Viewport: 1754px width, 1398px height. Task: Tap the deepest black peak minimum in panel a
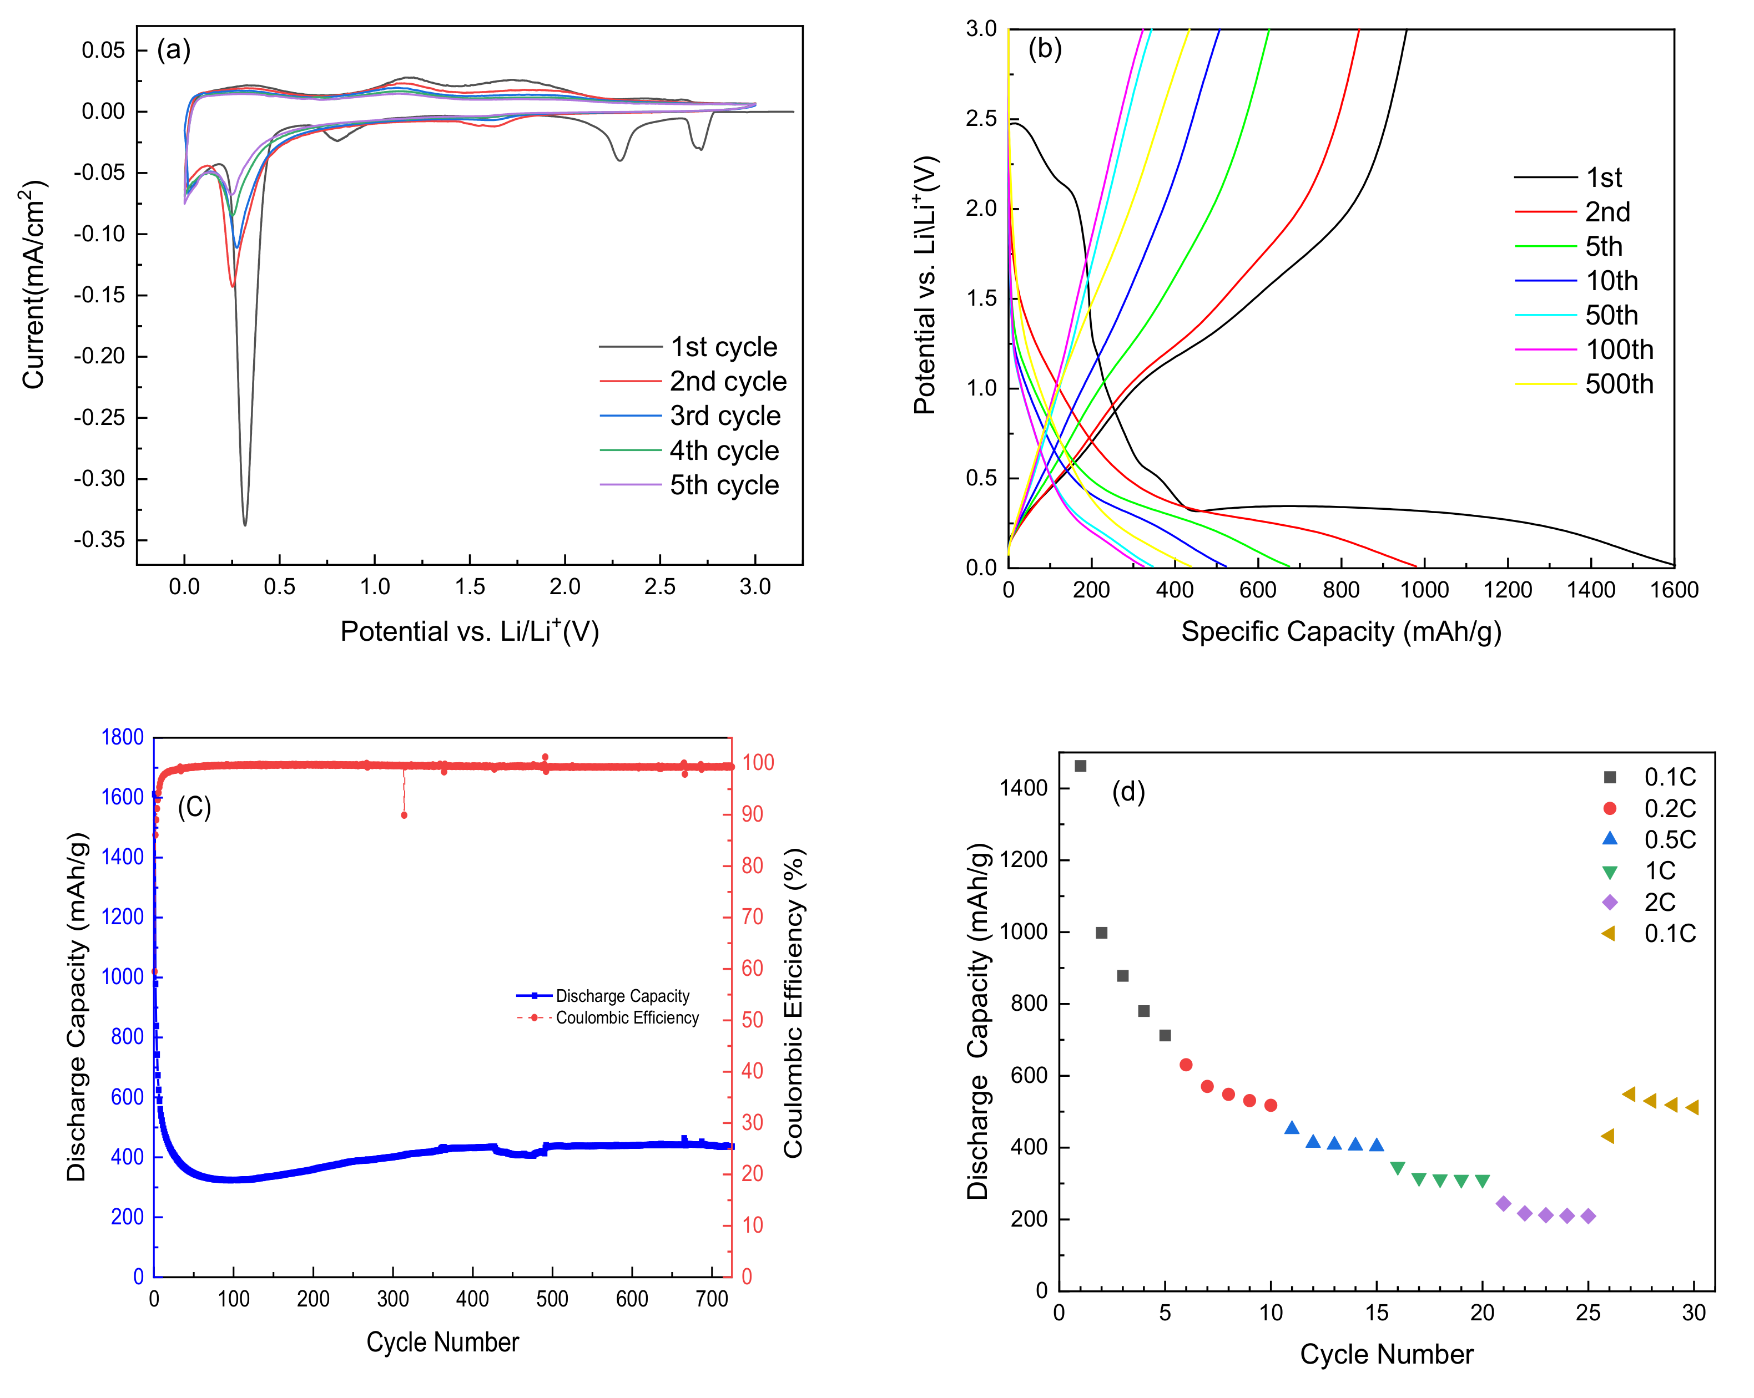245,525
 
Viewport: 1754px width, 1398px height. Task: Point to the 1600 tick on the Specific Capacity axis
1674,590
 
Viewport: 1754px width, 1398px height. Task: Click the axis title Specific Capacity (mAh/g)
1340,632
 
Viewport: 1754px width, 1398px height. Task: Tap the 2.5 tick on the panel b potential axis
981,119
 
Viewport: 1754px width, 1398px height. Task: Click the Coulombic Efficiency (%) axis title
793,1003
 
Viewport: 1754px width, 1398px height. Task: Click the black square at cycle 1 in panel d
1080,766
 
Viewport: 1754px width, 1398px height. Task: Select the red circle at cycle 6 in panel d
1186,1065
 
